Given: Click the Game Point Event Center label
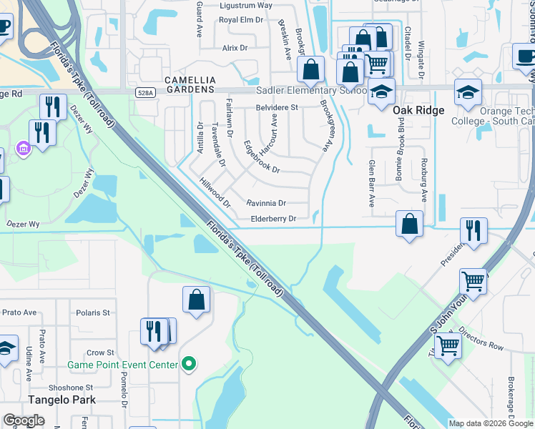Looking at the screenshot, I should (x=122, y=365).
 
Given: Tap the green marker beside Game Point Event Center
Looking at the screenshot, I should (x=189, y=365).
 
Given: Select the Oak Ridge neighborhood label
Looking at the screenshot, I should (x=418, y=110).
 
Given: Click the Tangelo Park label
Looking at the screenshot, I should (x=62, y=400).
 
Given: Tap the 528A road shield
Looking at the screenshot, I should (x=145, y=93).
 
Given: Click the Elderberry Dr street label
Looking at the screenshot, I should (x=273, y=219).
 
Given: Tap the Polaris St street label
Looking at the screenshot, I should (x=94, y=312).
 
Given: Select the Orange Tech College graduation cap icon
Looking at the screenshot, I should (x=468, y=93).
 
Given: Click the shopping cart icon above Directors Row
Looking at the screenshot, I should (x=473, y=281).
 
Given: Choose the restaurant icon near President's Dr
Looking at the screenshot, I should (x=473, y=230).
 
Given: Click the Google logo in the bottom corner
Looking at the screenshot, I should (x=24, y=420).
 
